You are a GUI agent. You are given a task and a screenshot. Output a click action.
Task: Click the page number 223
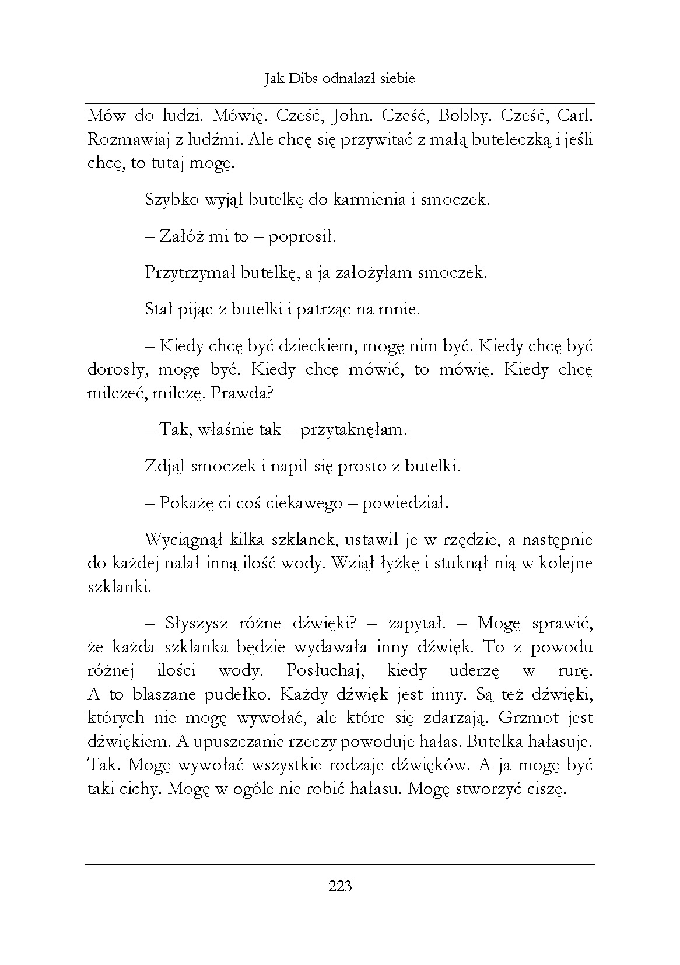click(340, 887)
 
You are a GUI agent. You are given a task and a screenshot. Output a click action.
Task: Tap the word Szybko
click(169, 200)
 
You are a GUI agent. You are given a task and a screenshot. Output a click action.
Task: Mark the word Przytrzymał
click(190, 273)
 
